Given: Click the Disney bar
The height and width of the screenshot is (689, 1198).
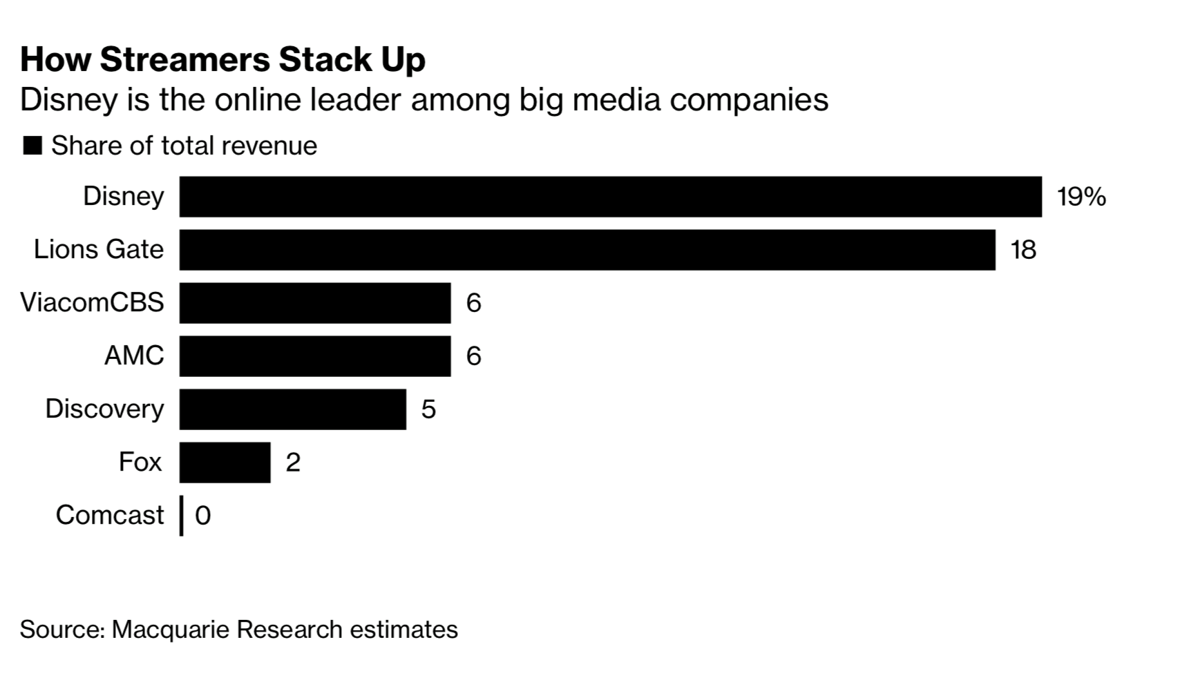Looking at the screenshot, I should [x=610, y=197].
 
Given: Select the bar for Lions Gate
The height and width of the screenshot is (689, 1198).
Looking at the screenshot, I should [x=587, y=250].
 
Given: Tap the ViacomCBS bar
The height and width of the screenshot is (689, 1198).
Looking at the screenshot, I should [x=315, y=303].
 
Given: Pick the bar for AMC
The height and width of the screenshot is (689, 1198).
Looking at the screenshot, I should [x=315, y=356].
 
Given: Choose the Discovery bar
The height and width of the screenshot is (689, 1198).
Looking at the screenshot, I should [x=293, y=409].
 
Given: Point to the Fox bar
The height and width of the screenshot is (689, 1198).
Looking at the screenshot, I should [x=225, y=463].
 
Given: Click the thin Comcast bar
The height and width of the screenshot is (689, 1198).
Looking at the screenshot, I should [x=181, y=516].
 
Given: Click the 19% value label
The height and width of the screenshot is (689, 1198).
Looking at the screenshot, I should [x=1081, y=197].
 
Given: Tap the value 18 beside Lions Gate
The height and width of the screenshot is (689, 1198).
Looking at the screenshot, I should [x=1023, y=250].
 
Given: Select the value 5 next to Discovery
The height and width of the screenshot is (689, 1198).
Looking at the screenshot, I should [x=428, y=409].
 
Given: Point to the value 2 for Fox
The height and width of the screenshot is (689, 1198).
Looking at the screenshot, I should [x=293, y=463].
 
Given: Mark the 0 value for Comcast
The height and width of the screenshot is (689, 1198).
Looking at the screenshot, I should [x=202, y=516].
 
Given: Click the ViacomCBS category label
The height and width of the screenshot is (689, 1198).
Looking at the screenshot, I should [x=92, y=302].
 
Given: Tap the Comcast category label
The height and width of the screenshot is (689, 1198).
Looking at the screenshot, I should [x=109, y=515].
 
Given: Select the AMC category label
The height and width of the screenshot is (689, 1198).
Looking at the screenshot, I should [x=134, y=356].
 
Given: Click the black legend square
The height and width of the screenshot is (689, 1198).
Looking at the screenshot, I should [x=32, y=146].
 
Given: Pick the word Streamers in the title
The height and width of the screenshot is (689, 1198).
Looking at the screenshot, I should [x=184, y=59].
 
